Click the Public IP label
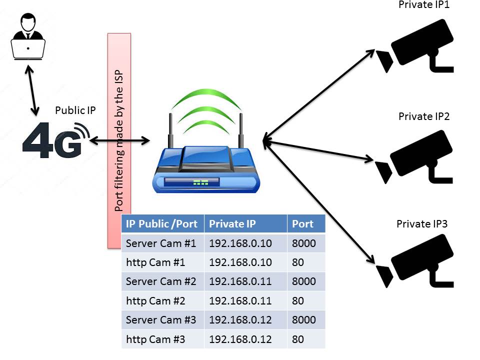[x=75, y=110]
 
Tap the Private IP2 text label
[x=424, y=116]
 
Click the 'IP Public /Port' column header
[x=162, y=224]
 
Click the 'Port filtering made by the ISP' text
[x=119, y=140]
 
